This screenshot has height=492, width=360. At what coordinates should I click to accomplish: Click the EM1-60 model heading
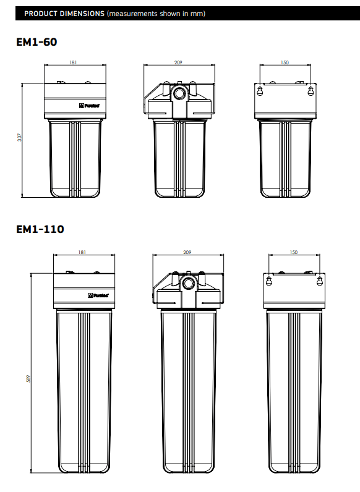tap(36, 42)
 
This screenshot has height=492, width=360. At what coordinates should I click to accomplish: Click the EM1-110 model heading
tap(40, 229)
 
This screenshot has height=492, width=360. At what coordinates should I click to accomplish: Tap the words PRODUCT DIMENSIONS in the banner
tap(64, 14)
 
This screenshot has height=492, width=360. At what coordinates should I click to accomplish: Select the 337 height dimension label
tap(19, 137)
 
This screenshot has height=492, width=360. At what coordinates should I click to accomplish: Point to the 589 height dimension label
tap(28, 378)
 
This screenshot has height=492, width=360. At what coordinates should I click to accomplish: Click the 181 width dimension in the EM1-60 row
tap(73, 62)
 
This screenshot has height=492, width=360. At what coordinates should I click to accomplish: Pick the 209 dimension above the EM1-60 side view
tap(178, 62)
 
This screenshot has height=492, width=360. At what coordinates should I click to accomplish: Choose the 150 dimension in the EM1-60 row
tap(285, 62)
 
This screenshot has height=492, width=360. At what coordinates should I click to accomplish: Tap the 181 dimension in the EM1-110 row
tap(82, 252)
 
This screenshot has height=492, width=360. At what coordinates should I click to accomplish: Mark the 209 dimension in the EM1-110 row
tap(187, 252)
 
